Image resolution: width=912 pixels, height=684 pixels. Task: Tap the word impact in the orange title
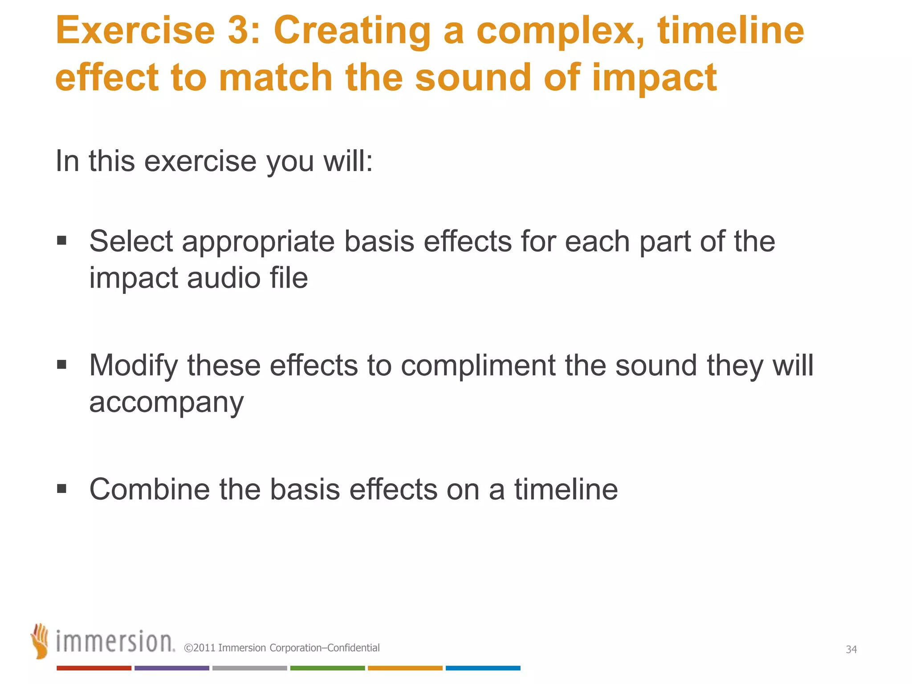click(654, 78)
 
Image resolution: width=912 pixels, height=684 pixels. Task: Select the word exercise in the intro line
click(200, 161)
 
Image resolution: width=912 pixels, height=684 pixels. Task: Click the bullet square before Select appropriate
click(62, 241)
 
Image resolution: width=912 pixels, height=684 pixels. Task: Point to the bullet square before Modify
click(62, 365)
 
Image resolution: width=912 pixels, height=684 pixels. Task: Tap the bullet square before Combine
click(62, 489)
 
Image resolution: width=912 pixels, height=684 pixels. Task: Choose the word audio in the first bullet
click(224, 278)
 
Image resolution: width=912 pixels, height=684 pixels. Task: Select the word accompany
click(166, 403)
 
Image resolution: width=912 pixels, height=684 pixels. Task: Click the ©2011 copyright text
click(282, 648)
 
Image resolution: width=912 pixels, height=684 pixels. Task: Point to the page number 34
click(851, 649)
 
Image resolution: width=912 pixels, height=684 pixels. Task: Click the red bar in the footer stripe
click(94, 668)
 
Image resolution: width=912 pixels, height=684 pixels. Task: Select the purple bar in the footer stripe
click(171, 668)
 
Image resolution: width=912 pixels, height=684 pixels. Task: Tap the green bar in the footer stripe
click(327, 668)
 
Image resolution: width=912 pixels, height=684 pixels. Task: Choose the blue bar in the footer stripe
click(483, 668)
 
